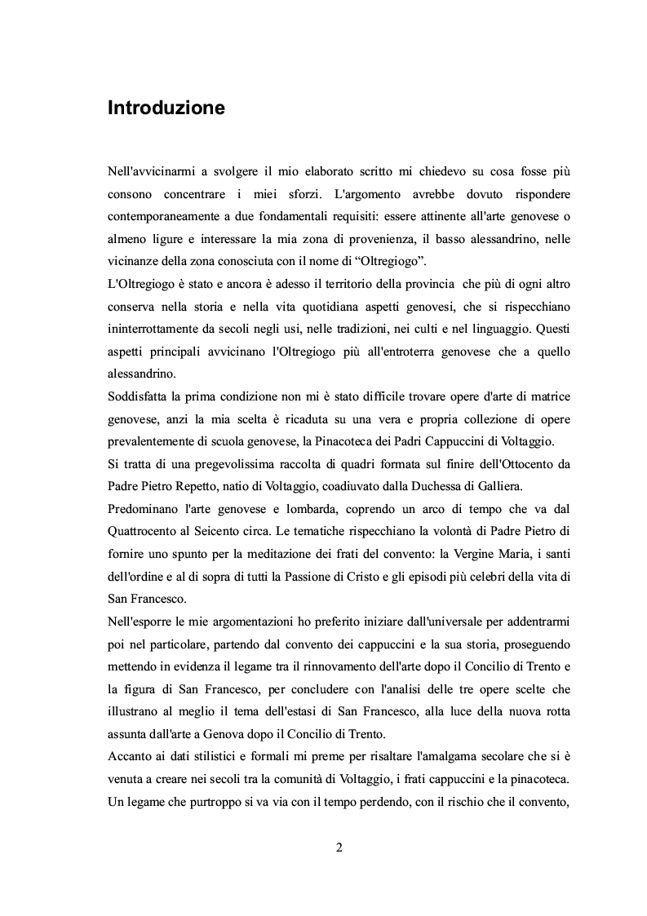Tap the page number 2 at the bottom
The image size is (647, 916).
pos(339,846)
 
